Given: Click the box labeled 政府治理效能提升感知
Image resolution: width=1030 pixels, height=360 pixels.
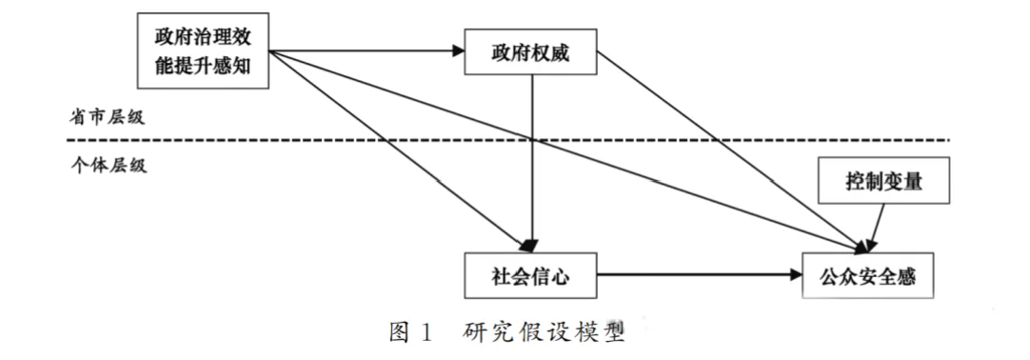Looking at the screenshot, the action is (x=203, y=50).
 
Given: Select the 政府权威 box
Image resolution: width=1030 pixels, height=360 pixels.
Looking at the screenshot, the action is (x=531, y=51).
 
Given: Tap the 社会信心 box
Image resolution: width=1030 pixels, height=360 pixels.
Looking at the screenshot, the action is (x=531, y=276).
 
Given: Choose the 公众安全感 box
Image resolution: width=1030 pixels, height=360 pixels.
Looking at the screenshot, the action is (x=868, y=276).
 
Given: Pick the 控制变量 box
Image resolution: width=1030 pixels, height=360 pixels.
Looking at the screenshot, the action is (x=883, y=180).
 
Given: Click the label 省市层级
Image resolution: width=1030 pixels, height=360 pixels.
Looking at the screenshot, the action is (x=107, y=117).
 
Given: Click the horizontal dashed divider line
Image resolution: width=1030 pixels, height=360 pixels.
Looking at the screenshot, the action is (x=507, y=140).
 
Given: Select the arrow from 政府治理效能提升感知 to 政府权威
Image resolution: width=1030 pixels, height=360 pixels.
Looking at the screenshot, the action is (x=367, y=51).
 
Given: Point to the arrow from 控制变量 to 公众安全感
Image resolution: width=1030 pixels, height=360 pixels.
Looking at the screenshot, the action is (x=877, y=228).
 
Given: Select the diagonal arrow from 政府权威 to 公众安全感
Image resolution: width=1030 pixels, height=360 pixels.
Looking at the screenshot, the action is (x=732, y=152).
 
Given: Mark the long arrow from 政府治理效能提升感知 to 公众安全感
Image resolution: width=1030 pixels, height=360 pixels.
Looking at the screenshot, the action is (x=568, y=151).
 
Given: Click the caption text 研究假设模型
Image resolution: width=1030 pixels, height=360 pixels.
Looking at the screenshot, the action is (x=543, y=331).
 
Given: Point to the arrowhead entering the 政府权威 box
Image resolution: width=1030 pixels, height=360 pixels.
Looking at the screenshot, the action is (x=458, y=51).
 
